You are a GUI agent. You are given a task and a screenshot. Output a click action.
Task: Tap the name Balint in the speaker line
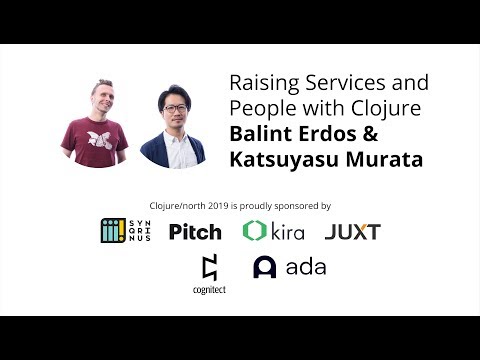pos(259,133)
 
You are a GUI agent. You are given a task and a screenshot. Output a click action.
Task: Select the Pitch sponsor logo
pos(194,232)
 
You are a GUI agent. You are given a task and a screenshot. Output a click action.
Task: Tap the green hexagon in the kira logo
pos(254,231)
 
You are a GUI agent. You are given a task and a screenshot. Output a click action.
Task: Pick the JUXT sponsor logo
pos(352,232)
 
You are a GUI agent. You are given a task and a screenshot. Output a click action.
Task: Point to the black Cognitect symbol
pos(209,267)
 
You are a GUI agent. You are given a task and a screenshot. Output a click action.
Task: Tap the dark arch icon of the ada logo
pos(264,267)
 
